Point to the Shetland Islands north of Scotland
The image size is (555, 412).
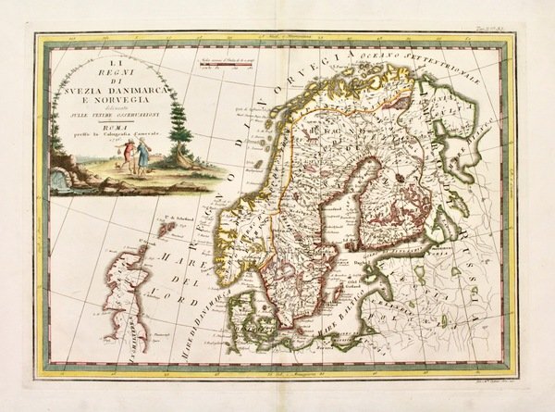click(169, 225)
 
